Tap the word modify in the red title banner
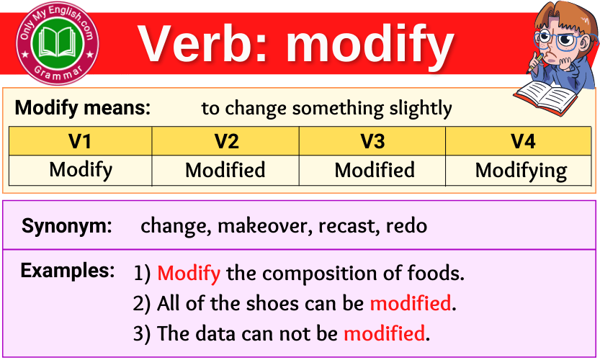(370, 43)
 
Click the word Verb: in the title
(205, 43)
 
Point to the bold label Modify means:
(83, 109)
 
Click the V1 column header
(80, 141)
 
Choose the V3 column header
(372, 141)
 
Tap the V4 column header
(522, 141)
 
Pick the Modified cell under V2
(225, 171)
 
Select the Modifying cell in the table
(521, 171)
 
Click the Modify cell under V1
(81, 171)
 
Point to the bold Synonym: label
(67, 226)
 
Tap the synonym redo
(406, 226)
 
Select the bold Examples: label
(68, 271)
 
